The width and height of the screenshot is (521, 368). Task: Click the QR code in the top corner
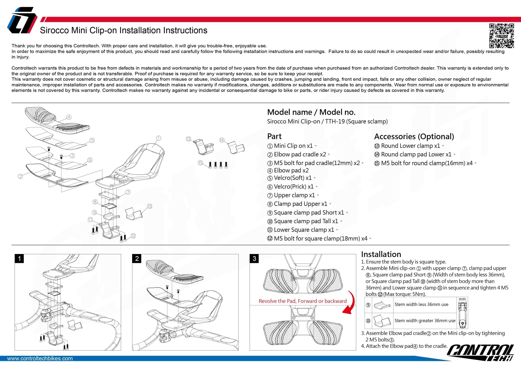click(x=501, y=36)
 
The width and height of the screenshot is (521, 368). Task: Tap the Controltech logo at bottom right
click(x=480, y=353)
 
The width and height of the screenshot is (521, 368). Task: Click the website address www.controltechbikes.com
click(x=40, y=359)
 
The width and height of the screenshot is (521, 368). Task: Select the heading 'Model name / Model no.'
click(x=311, y=112)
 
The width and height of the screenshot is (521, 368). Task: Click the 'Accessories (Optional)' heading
click(x=414, y=137)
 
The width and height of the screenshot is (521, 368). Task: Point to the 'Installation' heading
click(x=381, y=254)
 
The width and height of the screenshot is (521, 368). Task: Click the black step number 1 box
click(x=20, y=258)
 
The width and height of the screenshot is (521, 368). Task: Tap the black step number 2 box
click(x=137, y=258)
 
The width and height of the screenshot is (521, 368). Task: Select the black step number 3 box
click(x=254, y=258)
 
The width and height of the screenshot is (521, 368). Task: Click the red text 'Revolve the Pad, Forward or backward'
click(x=303, y=301)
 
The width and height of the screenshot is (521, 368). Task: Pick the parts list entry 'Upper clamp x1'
click(x=294, y=195)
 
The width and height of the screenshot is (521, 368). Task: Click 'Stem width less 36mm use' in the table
click(x=421, y=304)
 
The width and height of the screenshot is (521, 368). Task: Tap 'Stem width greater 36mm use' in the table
click(x=425, y=321)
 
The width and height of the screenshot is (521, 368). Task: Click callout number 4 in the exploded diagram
click(x=69, y=117)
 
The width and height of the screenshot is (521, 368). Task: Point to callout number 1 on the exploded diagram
click(x=159, y=138)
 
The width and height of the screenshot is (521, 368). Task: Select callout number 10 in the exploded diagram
click(x=149, y=206)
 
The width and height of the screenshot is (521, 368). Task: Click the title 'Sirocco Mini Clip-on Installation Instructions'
click(x=123, y=31)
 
